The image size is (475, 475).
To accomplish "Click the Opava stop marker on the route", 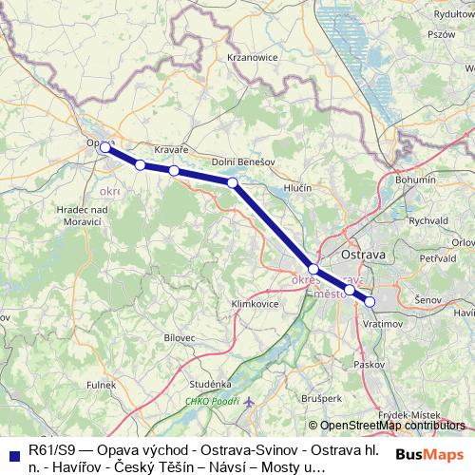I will tap(104, 147).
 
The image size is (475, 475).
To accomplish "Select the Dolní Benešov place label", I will tap(243, 161).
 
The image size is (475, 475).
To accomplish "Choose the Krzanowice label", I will tap(252, 57).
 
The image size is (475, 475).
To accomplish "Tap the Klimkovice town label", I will tap(254, 304).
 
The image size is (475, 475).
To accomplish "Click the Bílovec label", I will tap(179, 337).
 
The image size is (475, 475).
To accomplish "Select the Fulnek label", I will tap(104, 384).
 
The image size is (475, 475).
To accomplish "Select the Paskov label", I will tap(366, 363).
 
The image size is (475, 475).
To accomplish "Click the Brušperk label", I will tap(323, 399).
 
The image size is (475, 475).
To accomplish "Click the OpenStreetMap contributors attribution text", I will tap(391, 426).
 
